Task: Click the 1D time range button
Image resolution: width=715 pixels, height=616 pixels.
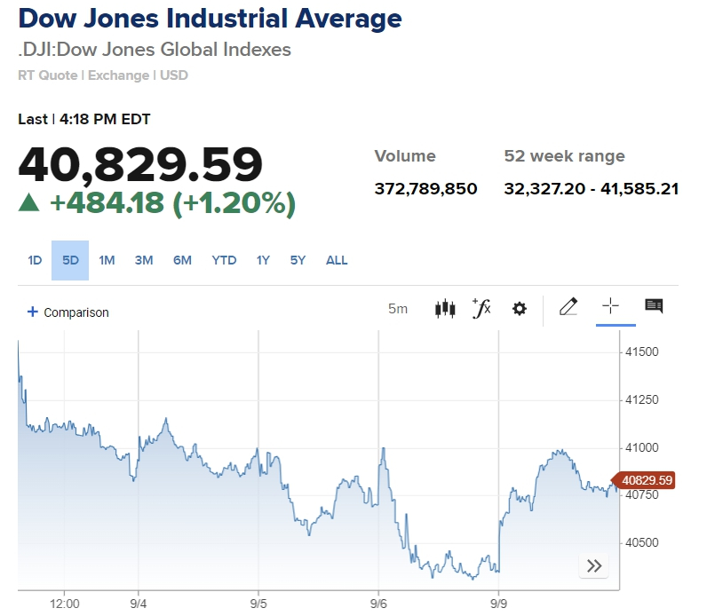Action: pos(35,260)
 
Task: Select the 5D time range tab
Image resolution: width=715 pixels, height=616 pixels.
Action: pos(70,260)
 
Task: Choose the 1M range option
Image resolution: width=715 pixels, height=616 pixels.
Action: pos(107,260)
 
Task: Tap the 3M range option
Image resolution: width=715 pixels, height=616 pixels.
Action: pos(144,260)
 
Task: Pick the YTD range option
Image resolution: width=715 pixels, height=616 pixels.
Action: pos(224,260)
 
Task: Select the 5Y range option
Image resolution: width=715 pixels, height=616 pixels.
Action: pos(298,260)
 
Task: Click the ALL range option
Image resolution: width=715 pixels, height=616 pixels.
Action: pos(337,260)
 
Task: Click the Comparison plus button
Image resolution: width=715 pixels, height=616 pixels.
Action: pos(33,312)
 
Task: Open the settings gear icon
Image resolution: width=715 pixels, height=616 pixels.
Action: pos(520,309)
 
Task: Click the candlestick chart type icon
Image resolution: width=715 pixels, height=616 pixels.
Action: pos(445,309)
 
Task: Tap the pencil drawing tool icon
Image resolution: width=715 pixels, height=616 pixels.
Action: pos(568,307)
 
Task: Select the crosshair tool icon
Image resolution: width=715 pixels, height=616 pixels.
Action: pos(610,306)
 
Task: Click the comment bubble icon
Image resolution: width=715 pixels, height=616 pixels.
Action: pos(654,306)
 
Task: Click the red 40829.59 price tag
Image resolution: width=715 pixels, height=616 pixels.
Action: pos(647,480)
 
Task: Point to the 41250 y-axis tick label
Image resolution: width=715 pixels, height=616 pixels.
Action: pos(641,399)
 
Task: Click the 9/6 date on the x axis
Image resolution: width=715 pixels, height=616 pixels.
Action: pos(378,603)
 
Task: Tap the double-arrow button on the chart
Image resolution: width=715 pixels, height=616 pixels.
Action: pos(594,565)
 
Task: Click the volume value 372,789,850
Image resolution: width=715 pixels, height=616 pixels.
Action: pos(426,188)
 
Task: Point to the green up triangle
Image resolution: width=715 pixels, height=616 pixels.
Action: pos(30,203)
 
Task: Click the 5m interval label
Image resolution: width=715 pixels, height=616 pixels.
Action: pos(398,309)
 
